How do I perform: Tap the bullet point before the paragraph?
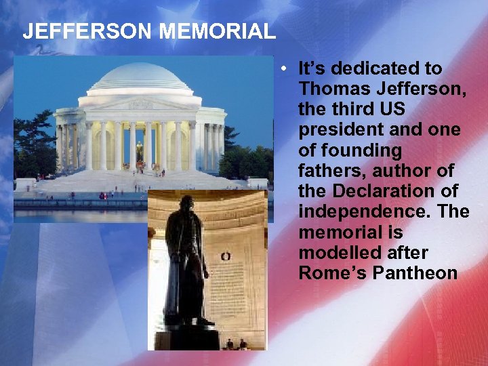click(287, 68)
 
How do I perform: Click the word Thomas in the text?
click(331, 89)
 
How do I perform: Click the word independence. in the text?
click(364, 211)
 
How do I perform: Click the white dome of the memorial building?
click(140, 78)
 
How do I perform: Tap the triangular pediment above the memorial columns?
click(140, 103)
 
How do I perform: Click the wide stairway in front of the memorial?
click(136, 182)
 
